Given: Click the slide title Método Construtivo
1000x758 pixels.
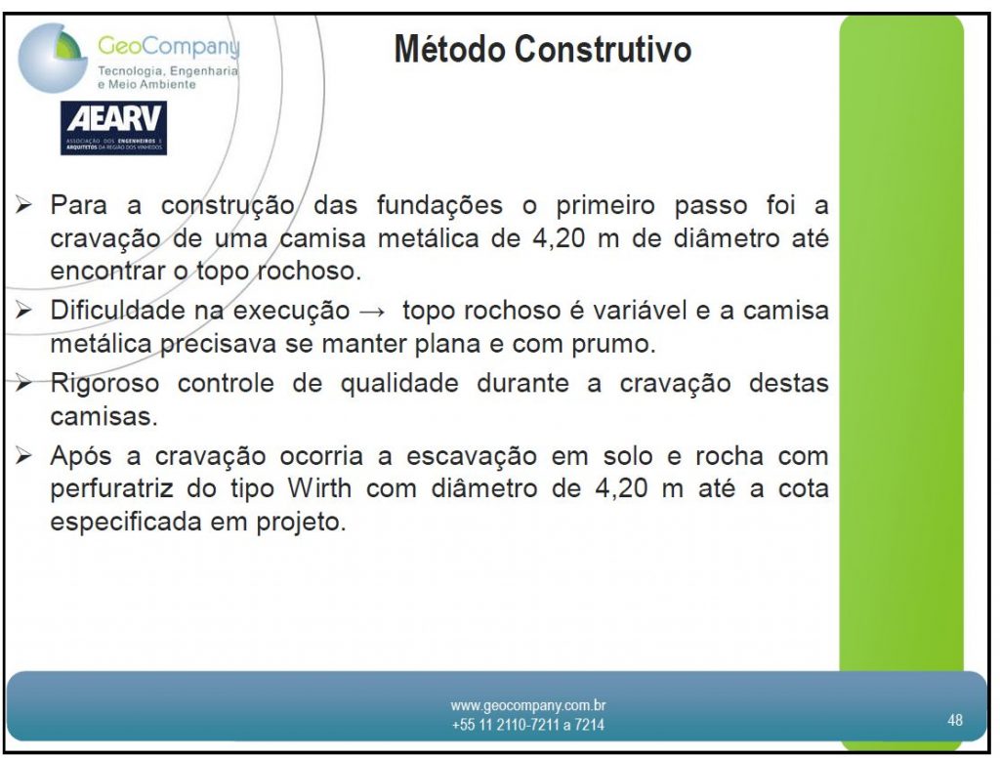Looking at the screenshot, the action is tap(543, 49).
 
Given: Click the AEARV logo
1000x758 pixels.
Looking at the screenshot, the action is tap(113, 128).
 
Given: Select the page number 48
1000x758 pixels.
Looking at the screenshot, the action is tap(955, 720).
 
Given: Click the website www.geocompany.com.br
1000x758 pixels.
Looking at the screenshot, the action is tap(528, 705).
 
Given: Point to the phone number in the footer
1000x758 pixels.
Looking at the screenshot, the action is tap(528, 725).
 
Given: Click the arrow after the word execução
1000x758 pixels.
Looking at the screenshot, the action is tap(372, 312).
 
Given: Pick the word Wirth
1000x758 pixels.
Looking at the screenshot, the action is tap(319, 488).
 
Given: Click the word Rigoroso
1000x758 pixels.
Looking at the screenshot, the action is tap(104, 384).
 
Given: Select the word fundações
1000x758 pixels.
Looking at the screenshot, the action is tap(439, 206).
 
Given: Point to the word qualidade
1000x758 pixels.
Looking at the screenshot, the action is tap(399, 384).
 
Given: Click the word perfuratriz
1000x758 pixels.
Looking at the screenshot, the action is tap(111, 489).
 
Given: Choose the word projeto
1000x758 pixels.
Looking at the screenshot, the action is tap(301, 523).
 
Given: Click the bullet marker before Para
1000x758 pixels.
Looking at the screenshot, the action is tap(24, 205).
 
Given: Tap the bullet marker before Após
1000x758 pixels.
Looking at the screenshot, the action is tap(24, 456).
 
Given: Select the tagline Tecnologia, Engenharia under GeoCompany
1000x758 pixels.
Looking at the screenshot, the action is tap(168, 71).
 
